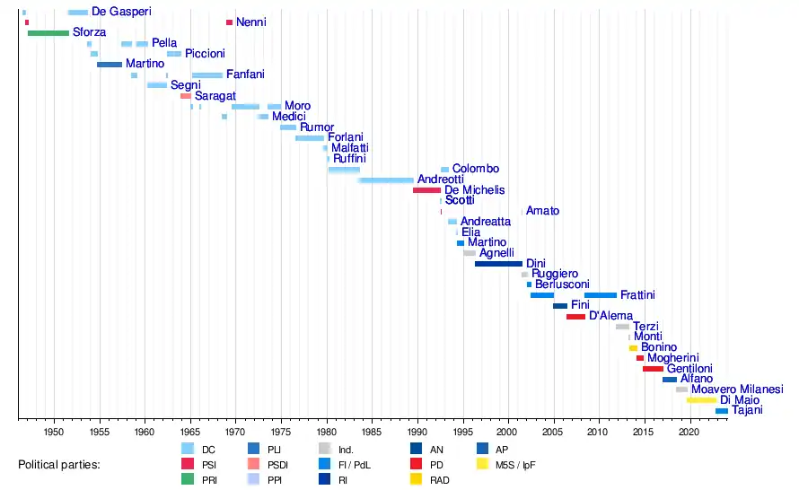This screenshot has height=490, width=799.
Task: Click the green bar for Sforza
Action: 48,33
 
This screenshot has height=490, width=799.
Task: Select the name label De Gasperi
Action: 121,12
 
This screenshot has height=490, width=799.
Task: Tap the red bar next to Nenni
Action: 229,22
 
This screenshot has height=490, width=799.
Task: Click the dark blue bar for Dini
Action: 498,264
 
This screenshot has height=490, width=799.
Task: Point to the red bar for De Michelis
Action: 426,190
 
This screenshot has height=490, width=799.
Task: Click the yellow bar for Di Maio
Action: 701,400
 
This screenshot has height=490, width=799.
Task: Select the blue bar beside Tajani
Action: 722,411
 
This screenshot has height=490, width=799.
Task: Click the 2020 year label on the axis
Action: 689,431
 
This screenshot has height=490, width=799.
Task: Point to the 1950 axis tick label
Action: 55,431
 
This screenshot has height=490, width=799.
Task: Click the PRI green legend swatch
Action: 188,479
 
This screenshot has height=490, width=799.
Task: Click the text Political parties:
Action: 59,465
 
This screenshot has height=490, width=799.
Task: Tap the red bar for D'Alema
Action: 575,317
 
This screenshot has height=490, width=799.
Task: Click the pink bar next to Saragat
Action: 186,96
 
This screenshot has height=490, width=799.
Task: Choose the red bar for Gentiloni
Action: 653,369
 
